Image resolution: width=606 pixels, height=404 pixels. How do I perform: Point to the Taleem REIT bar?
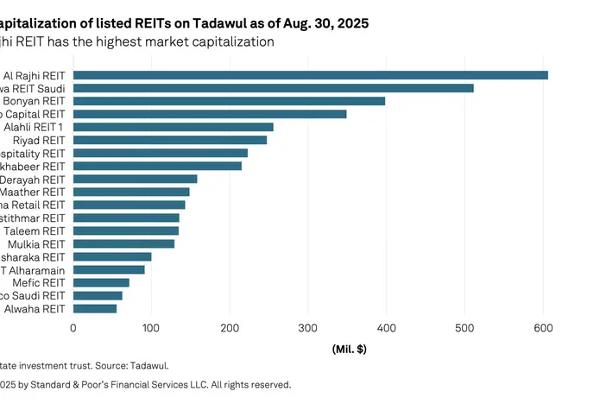[126, 230]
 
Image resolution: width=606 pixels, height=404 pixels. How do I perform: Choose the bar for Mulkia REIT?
[123, 243]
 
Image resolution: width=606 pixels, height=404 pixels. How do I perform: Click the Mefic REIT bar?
[101, 282]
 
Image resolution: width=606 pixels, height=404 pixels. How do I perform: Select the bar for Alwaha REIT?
[95, 308]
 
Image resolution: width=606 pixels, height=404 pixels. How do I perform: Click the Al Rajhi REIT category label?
[35, 75]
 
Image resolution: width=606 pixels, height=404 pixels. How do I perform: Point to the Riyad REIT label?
[39, 140]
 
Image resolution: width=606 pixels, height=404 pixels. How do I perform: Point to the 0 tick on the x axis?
[73, 328]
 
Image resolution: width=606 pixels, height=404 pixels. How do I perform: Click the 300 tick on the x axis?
[308, 328]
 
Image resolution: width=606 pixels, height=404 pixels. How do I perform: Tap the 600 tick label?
[543, 328]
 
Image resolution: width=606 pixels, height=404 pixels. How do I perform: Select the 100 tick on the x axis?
[151, 328]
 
